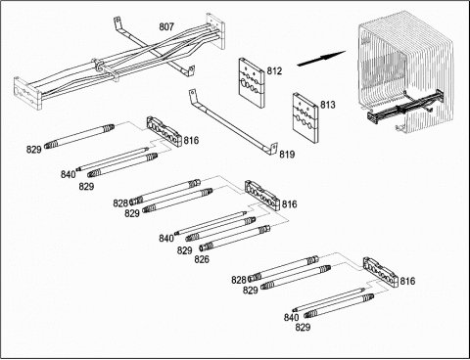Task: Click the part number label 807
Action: [166, 26]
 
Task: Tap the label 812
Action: [274, 70]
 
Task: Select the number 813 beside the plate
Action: [327, 105]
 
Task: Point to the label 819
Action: [287, 155]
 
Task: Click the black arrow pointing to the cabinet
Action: [321, 59]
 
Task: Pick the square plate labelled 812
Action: [251, 82]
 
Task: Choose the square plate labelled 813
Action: [305, 118]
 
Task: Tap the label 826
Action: [202, 259]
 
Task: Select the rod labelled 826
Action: [235, 238]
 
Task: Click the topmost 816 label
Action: [191, 141]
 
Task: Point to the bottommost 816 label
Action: [407, 281]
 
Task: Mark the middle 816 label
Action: [290, 204]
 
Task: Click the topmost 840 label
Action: [68, 174]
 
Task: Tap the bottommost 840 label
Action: [291, 317]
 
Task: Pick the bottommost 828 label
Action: [239, 280]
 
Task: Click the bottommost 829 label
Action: [303, 327]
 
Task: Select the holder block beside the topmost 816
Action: [164, 131]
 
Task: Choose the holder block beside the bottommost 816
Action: [381, 272]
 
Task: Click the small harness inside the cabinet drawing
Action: [405, 106]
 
